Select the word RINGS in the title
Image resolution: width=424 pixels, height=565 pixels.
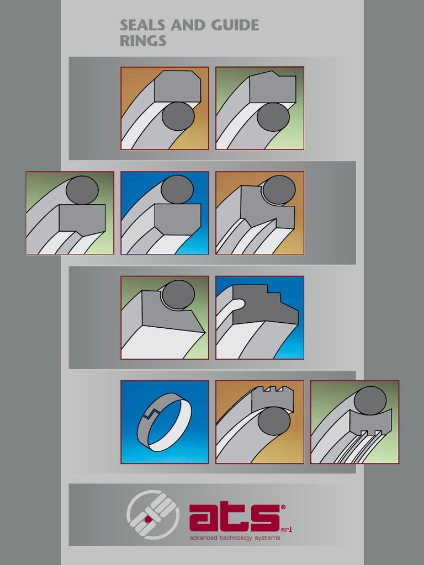pyautogui.click(x=143, y=41)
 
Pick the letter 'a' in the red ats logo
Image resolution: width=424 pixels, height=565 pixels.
pyautogui.click(x=205, y=519)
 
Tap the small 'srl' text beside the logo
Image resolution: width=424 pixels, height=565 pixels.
pyautogui.click(x=286, y=530)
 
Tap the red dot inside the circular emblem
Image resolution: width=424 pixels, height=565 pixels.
pyautogui.click(x=149, y=519)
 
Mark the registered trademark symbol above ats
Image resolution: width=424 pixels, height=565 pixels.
pyautogui.click(x=283, y=506)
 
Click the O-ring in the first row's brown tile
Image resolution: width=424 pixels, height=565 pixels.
pyautogui.click(x=178, y=116)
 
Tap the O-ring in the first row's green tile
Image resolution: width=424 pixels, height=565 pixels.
pyautogui.click(x=273, y=117)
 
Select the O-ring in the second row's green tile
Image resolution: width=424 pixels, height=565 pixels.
pyautogui.click(x=82, y=190)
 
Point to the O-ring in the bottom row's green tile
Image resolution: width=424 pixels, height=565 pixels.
pyautogui.click(x=370, y=401)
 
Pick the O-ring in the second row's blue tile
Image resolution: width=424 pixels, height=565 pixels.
pyautogui.click(x=177, y=190)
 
